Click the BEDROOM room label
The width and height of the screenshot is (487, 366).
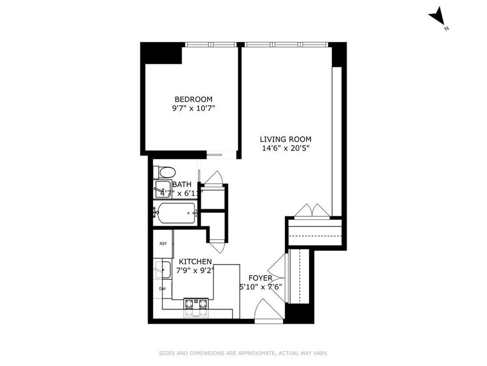[193, 99]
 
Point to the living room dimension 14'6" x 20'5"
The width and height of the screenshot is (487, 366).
[286, 148]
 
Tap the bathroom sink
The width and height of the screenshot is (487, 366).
[163, 189]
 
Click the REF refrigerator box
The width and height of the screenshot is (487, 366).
[163, 244]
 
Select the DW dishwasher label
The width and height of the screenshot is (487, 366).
[162, 289]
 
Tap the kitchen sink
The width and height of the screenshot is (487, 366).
[164, 269]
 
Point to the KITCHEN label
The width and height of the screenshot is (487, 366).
[196, 261]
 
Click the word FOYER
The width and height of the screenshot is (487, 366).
[260, 278]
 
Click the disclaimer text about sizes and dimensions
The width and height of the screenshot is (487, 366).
[243, 353]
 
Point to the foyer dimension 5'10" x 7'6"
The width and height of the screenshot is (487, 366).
[261, 286]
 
